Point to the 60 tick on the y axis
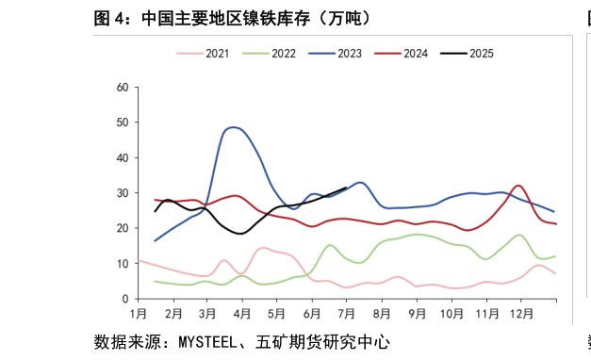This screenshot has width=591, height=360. (122, 88)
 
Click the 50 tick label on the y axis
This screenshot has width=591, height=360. (122, 123)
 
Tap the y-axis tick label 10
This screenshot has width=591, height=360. (122, 263)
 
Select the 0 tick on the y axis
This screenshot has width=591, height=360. (124, 299)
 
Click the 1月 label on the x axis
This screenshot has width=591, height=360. (139, 312)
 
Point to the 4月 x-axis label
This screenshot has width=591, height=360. (243, 312)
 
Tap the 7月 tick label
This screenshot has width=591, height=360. (347, 312)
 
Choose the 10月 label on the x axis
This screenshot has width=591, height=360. (451, 312)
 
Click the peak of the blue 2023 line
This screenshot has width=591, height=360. (234, 127)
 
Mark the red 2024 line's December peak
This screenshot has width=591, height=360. (518, 185)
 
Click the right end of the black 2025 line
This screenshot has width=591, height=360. (347, 188)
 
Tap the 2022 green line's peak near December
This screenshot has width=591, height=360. (519, 235)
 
